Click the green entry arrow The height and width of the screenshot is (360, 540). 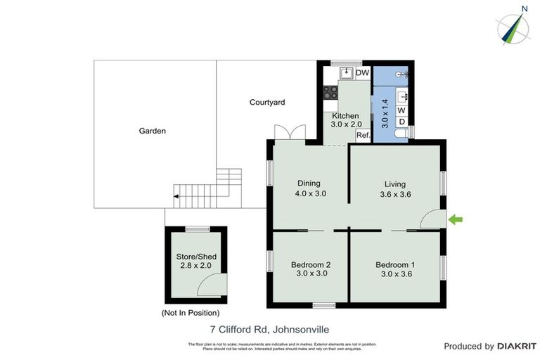pos(456,220)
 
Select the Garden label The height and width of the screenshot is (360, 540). pos(152,131)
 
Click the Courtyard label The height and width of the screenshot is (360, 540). pos(267,102)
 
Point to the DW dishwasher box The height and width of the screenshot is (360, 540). pos(363,73)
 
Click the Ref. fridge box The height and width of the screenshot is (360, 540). pos(363,134)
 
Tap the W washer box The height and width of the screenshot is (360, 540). pos(401,110)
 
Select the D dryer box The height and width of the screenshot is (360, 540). pos(401,122)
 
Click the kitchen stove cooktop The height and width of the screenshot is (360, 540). pos(329,91)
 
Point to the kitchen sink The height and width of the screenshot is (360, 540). pos(346,73)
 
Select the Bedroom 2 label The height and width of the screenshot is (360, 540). pos(311,264)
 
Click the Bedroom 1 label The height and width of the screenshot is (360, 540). pos(395,264)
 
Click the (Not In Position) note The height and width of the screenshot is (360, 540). pos(191,312)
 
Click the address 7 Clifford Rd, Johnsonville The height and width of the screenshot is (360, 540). pos(270,328)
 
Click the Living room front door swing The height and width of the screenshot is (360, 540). pos(430,219)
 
